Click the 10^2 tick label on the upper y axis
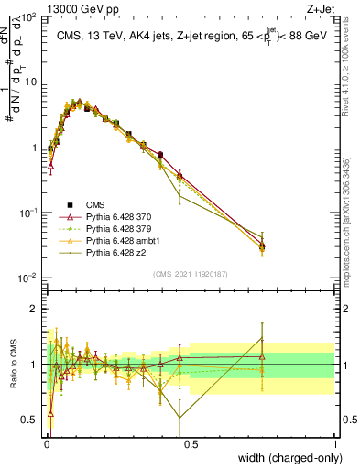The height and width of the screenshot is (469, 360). coord(29,17)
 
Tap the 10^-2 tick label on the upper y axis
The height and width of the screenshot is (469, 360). coord(29,278)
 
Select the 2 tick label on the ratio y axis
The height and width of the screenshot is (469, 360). coord(35,309)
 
